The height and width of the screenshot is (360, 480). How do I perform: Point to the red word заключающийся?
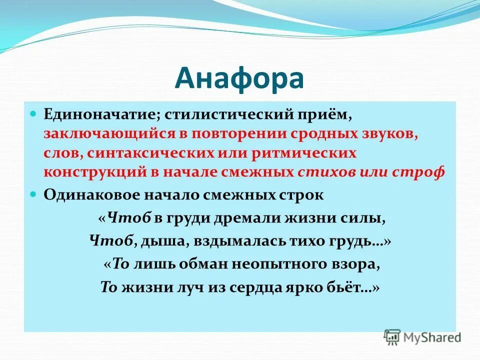click(x=102, y=134)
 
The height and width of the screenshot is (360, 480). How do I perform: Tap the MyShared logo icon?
click(x=392, y=336)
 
